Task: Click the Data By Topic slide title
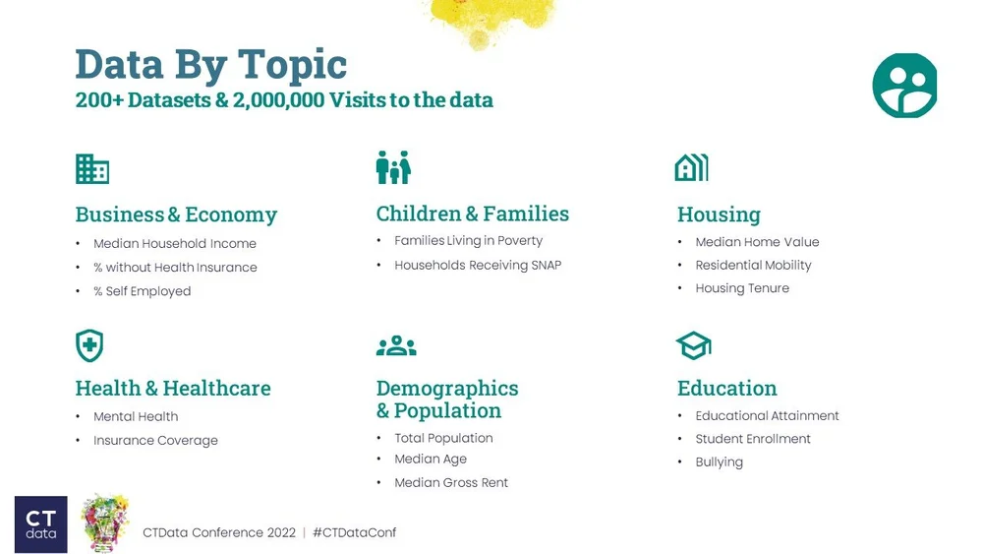coord(210,65)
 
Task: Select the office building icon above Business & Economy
coord(92,169)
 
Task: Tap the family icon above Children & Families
coord(393,168)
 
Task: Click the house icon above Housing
coord(691,168)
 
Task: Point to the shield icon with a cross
coord(89,345)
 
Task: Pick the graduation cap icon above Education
coord(693,345)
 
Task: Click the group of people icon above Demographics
coord(396,345)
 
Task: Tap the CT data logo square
coord(41,523)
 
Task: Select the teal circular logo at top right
coord(904,86)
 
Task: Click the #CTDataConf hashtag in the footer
coord(354,532)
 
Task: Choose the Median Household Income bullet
coord(174,244)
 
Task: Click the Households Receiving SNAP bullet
coord(478,266)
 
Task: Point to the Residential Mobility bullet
coord(753,266)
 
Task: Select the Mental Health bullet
coord(136,417)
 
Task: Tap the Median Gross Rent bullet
coord(451,483)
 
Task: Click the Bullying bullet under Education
coord(719,462)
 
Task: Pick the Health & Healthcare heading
coord(173,389)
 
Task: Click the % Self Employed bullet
coord(142,291)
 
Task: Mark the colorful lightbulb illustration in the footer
coord(105,523)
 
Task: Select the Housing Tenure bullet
coord(742,288)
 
